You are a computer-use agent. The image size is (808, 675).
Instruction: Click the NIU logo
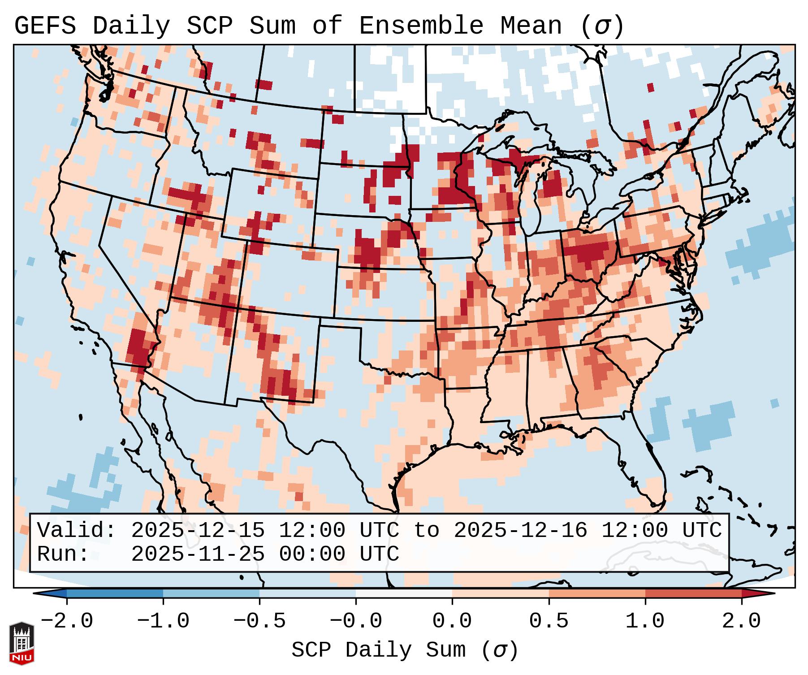(x=22, y=643)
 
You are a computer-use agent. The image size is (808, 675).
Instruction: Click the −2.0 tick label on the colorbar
(x=67, y=621)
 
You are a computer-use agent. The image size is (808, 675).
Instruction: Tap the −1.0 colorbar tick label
(x=163, y=621)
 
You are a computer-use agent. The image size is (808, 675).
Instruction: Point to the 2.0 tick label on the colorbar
(x=742, y=621)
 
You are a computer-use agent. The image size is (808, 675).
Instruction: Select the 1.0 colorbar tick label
(x=645, y=621)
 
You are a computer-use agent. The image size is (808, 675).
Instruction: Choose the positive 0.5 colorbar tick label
(x=549, y=621)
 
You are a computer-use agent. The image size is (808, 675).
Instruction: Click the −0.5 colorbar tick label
(x=259, y=621)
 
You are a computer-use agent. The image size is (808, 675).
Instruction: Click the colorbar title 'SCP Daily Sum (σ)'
(x=405, y=650)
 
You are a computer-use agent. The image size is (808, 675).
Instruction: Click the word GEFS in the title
(x=45, y=26)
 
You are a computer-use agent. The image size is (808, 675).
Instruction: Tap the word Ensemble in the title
(x=421, y=26)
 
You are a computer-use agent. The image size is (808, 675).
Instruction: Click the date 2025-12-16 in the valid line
(x=520, y=530)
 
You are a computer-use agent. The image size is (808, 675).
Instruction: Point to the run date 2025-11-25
(x=198, y=554)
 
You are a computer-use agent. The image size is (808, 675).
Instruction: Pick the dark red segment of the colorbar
(x=693, y=593)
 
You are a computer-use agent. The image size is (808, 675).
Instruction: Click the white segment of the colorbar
(x=404, y=593)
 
